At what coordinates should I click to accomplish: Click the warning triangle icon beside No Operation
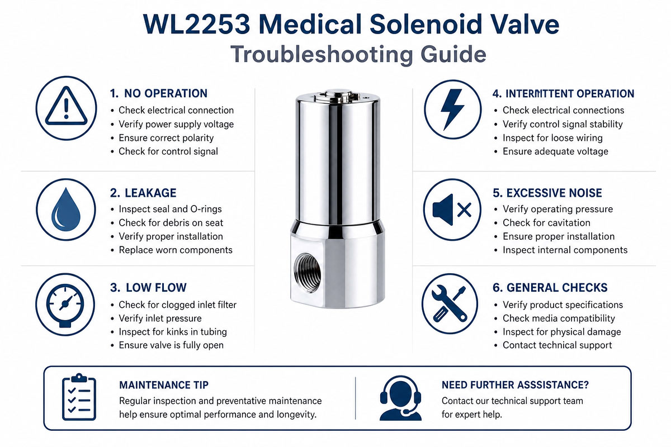coord(66,108)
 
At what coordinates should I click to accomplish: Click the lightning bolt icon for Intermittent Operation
coord(452,109)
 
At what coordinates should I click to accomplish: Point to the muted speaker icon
coord(452,210)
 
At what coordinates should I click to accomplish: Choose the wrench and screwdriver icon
coord(450,303)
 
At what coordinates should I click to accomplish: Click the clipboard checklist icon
coord(79,397)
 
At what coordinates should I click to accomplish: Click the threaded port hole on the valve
coord(307,273)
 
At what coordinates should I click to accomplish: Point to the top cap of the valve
coord(337,96)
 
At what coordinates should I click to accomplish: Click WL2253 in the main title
coord(196,24)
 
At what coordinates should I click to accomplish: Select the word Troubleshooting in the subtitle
coord(321,54)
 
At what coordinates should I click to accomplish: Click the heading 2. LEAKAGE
coord(143,193)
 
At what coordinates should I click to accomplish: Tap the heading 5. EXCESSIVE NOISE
coord(547,193)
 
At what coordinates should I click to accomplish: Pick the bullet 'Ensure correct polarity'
coord(166,137)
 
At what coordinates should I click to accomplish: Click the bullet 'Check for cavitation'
coord(546,223)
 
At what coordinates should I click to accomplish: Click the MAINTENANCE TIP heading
coord(164,385)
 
